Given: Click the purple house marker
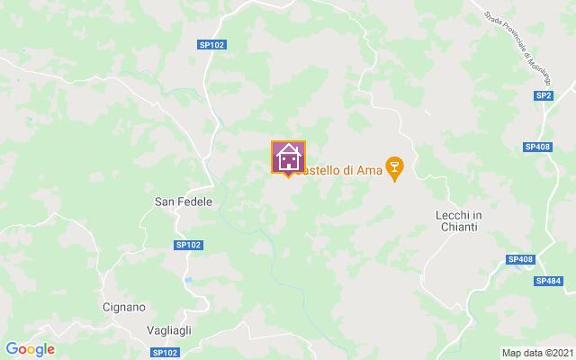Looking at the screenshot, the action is (x=289, y=157).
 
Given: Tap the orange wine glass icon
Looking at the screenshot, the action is (x=393, y=166).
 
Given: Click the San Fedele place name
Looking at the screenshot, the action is (x=184, y=202).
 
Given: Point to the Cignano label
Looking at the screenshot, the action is (x=123, y=307).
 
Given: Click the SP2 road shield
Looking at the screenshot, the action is (x=543, y=95).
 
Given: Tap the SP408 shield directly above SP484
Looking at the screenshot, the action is (x=520, y=259).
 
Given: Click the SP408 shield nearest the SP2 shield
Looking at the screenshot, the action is (x=537, y=146).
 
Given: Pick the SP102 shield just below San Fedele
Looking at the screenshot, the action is (x=187, y=244).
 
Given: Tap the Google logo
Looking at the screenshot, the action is (x=30, y=349).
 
